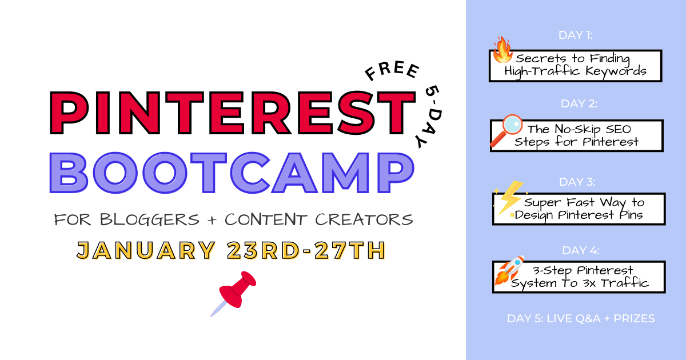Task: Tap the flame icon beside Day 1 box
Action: pyautogui.click(x=502, y=50)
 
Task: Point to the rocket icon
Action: pyautogui.click(x=509, y=270)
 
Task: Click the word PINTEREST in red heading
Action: pyautogui.click(x=233, y=113)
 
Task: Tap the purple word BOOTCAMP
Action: pyautogui.click(x=232, y=173)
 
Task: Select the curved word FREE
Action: pyautogui.click(x=392, y=71)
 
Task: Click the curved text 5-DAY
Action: pyautogui.click(x=429, y=117)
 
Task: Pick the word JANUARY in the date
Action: pyautogui.click(x=146, y=250)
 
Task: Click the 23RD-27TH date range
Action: pyautogui.click(x=306, y=250)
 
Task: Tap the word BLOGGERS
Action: pyautogui.click(x=149, y=219)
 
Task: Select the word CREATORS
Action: pyautogui.click(x=364, y=219)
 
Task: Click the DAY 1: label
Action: pyautogui.click(x=576, y=35)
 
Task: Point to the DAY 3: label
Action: pyautogui.click(x=577, y=182)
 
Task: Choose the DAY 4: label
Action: pyautogui.click(x=581, y=250)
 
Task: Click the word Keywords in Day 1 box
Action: pyautogui.click(x=616, y=71)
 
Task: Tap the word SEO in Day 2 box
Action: pyautogui.click(x=619, y=129)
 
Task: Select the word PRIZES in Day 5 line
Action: pyautogui.click(x=634, y=318)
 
